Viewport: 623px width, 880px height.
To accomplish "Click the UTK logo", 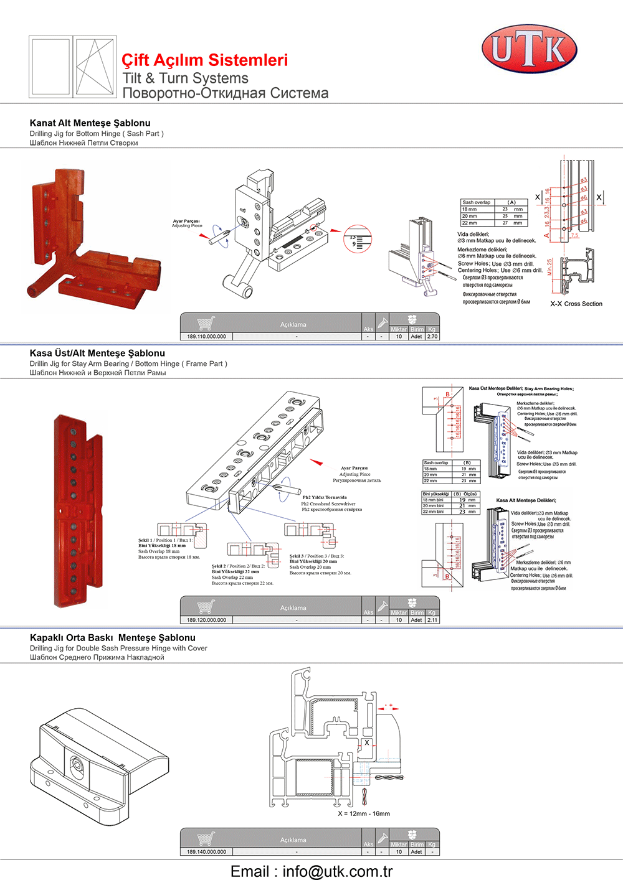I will click(x=529, y=49).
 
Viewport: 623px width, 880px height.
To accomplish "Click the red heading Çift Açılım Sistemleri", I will click(x=204, y=60).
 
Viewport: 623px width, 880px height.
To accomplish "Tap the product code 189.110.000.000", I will click(x=206, y=337).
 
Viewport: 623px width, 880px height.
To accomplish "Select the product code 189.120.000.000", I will click(x=206, y=620).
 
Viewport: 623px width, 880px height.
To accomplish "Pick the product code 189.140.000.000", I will click(x=206, y=852).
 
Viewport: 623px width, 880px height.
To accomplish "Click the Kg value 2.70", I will click(x=432, y=337).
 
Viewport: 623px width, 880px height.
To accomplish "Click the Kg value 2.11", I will click(x=432, y=620).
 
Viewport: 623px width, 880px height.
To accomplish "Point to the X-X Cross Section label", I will click(x=576, y=304).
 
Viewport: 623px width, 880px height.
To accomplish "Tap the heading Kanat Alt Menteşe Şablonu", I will click(x=90, y=123).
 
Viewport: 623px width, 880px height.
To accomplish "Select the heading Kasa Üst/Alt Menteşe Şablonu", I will click(x=97, y=353).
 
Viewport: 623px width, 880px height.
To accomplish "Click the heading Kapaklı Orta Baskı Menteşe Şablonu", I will click(x=113, y=637).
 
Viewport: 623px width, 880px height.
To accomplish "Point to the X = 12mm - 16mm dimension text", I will click(x=364, y=813).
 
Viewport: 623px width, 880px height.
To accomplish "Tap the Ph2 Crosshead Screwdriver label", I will click(x=328, y=503).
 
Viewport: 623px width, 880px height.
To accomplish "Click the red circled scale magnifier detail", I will click(x=358, y=240).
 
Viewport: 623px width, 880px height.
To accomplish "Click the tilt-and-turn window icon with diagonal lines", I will click(x=95, y=67).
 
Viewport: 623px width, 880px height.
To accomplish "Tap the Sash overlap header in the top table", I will click(x=476, y=202).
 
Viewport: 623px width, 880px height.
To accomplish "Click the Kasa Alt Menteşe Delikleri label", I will click(x=526, y=500).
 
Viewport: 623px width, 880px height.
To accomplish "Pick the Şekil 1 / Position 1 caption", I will click(x=166, y=540).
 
